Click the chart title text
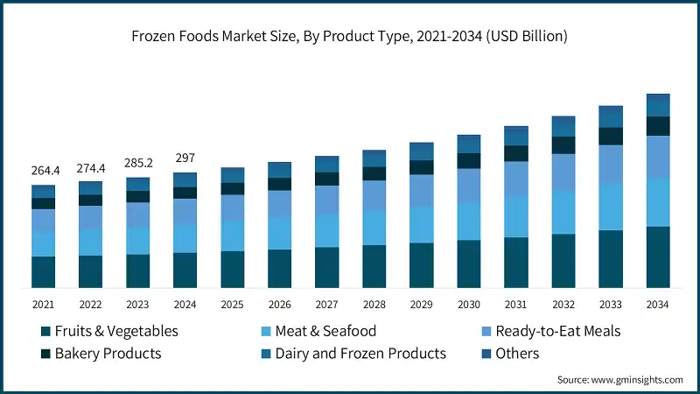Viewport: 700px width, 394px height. point(350,36)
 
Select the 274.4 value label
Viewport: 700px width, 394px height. point(91,166)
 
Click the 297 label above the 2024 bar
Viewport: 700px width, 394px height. point(185,158)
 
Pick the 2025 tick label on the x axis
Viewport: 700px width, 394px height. point(233,304)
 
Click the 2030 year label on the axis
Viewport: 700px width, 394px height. point(469,304)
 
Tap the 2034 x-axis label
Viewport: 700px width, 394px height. point(658,304)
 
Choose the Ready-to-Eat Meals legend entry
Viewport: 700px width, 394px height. point(557,332)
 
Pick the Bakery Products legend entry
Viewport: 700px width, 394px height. point(108,354)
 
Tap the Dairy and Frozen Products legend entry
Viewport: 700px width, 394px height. point(360,354)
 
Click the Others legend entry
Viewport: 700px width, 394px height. point(517,354)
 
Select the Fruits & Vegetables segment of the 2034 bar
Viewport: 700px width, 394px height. point(658,257)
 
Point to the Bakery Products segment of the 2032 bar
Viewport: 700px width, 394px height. point(563,144)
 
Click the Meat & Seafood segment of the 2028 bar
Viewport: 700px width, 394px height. point(374,228)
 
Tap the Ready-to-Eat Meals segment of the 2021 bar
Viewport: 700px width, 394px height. point(44,221)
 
